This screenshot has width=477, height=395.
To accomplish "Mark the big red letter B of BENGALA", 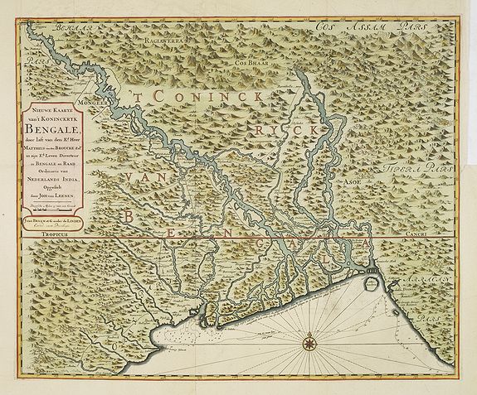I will coord(129,217).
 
